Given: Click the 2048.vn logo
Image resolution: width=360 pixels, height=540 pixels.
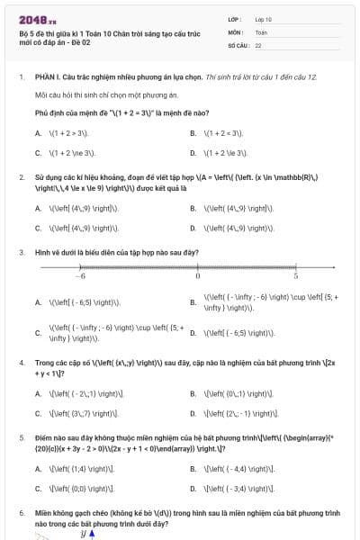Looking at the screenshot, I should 34,19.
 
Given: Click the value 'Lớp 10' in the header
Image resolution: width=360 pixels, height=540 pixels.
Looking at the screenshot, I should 264,18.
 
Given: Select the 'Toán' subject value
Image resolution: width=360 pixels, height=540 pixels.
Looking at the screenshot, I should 261,31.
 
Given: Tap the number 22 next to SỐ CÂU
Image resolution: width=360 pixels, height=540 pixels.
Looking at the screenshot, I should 258,44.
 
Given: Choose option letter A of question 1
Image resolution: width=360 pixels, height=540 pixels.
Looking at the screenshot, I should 38,133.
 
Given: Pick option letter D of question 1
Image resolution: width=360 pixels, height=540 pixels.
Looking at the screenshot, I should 193,154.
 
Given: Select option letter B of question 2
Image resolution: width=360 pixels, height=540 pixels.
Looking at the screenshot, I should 193,208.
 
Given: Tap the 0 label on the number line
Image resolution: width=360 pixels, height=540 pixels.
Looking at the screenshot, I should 198,275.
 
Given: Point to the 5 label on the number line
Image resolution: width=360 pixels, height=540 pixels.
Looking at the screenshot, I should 295,275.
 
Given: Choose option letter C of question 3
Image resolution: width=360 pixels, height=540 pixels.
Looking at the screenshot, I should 38,333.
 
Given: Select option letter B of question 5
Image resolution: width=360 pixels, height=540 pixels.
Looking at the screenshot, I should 193,468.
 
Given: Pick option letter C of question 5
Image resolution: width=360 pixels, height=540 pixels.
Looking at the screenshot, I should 38,489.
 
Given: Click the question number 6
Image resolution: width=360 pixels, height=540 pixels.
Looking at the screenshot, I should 22,512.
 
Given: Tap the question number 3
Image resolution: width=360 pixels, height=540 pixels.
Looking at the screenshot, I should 22,253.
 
